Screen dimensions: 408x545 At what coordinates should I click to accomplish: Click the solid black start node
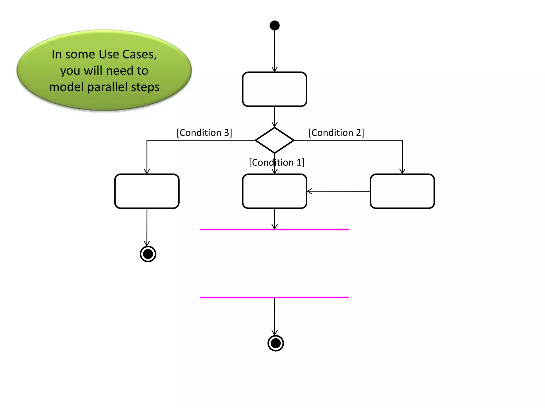274,25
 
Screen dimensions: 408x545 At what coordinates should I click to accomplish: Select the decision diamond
274,140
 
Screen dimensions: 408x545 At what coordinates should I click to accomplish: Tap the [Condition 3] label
204,133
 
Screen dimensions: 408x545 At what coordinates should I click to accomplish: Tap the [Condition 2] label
336,133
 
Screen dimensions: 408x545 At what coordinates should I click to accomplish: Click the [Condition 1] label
276,162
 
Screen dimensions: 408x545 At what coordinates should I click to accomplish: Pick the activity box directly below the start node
274,89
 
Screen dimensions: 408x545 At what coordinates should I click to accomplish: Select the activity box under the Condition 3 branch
147,191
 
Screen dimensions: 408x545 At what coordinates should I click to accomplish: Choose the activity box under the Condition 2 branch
402,191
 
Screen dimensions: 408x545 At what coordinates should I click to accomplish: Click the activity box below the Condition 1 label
274,191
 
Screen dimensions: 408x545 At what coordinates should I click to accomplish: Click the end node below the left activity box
148,254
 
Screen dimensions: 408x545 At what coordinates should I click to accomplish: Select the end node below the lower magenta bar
275,343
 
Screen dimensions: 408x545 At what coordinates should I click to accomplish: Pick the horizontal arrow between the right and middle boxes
338,191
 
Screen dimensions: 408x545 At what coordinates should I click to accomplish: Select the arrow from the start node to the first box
274,50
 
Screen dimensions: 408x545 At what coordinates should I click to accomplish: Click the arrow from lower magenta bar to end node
274,316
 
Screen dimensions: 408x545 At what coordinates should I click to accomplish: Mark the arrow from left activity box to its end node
147,227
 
